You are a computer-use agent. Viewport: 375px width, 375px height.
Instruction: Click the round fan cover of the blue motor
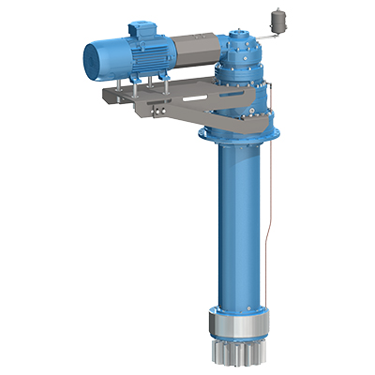(x=96, y=58)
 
